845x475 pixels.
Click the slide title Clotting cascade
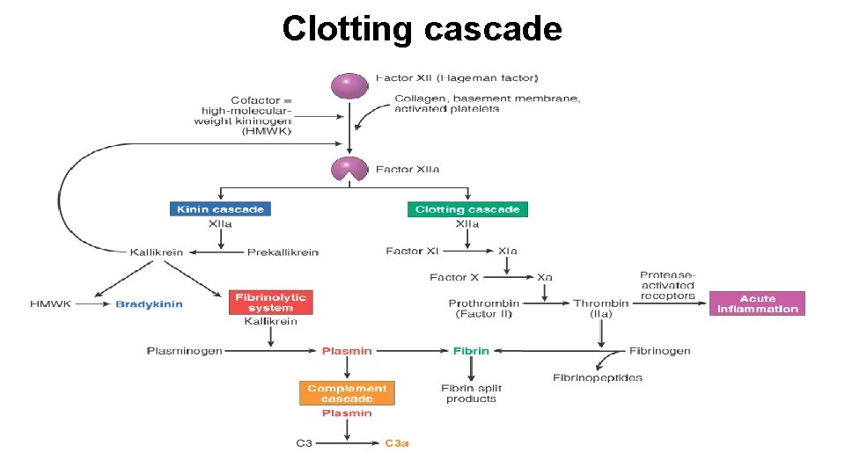422,29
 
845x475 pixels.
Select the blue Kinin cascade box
220,209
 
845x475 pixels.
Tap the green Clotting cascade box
467,209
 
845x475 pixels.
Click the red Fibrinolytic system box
270,303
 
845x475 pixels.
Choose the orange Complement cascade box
347,393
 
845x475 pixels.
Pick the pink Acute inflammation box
757,303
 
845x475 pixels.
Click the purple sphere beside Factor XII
349,85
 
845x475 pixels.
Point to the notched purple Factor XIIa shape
349,168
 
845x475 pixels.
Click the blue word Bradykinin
149,304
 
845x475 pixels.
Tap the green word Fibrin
471,351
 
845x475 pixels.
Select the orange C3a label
397,443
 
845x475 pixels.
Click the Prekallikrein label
283,252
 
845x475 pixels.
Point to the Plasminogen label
184,351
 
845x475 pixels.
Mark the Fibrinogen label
659,351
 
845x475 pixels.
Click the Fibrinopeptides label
597,378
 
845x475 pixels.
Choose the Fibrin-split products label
471,393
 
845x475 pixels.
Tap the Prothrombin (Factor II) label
483,308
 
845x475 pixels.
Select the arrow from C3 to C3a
348,443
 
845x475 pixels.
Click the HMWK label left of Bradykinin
49,304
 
